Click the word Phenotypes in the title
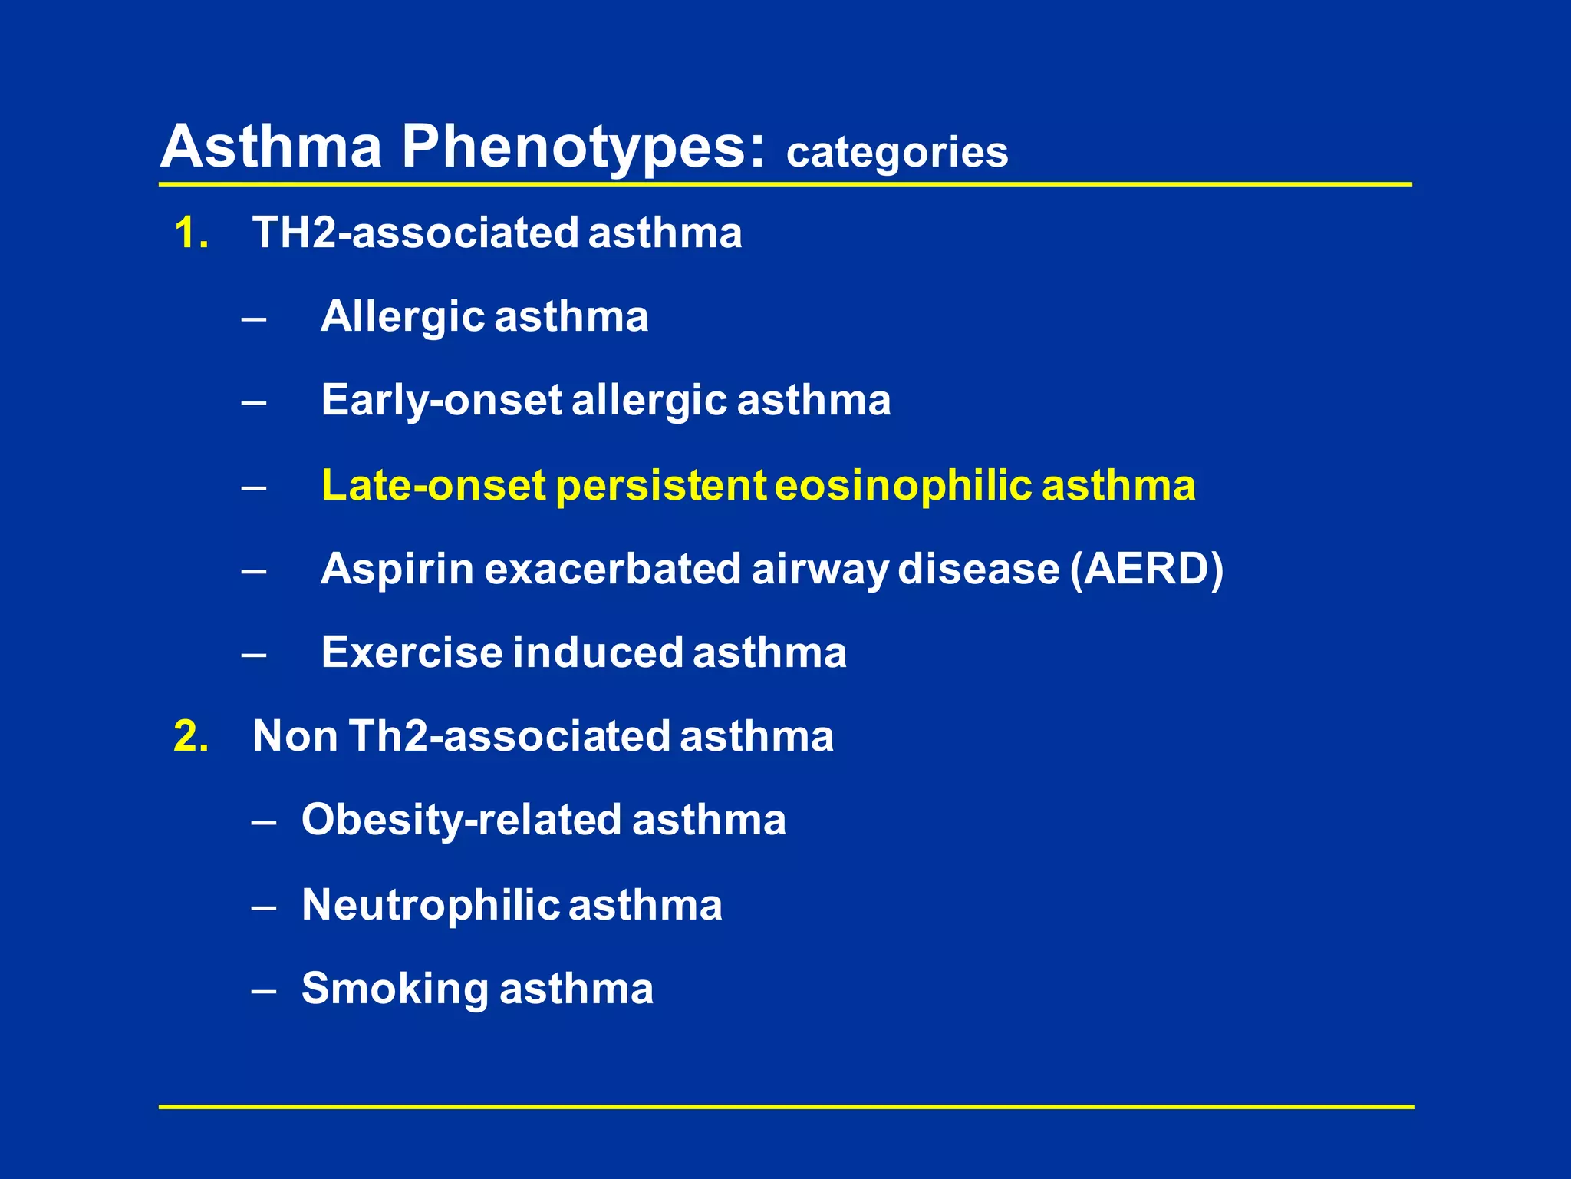click(583, 147)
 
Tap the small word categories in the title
click(897, 152)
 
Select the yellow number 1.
click(190, 233)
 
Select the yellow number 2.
click(191, 736)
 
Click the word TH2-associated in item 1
click(415, 233)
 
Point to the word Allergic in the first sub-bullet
click(403, 317)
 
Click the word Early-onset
click(441, 401)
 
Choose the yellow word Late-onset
click(433, 486)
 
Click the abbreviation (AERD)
click(1147, 570)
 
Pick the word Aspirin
click(397, 570)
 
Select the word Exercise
click(412, 652)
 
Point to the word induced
click(598, 652)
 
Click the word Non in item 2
click(295, 736)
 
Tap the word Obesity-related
click(461, 820)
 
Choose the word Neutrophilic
click(430, 905)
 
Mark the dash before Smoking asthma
click(263, 990)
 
